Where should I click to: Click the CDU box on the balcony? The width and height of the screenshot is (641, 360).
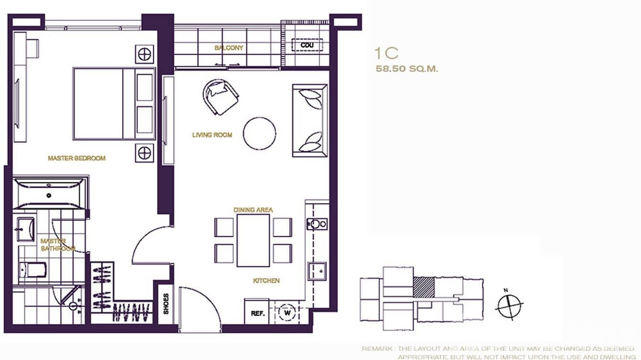click(307, 45)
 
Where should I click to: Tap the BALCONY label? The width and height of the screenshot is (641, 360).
click(229, 48)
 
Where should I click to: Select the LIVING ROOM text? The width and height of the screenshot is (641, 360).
click(212, 135)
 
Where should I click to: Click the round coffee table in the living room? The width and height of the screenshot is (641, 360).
click(259, 134)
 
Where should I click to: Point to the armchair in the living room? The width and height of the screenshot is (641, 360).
click(221, 96)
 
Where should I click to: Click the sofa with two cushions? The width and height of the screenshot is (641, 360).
click(310, 120)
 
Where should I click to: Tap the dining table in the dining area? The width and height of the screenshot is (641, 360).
click(253, 240)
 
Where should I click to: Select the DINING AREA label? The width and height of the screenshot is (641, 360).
click(253, 210)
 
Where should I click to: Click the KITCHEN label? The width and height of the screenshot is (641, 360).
click(266, 281)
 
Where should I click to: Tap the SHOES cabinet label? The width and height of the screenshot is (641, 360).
click(166, 304)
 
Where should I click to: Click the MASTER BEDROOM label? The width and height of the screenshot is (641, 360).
click(76, 158)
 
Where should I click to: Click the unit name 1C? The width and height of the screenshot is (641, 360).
click(386, 53)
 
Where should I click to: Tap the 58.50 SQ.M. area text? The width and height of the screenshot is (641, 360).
click(407, 69)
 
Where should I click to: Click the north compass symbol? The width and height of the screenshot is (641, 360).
click(509, 305)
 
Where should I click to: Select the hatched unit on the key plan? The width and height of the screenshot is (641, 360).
click(424, 288)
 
